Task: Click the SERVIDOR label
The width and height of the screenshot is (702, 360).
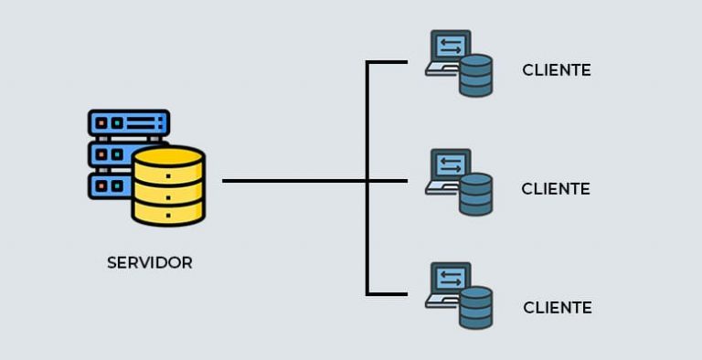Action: [x=150, y=262]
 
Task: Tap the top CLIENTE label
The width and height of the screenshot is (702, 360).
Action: [x=557, y=70]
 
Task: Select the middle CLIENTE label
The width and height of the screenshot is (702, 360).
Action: [x=556, y=189]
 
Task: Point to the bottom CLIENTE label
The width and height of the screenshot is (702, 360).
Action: [x=558, y=308]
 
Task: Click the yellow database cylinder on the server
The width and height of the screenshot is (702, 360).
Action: [x=168, y=188]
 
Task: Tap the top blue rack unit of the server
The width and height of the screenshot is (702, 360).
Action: [x=129, y=122]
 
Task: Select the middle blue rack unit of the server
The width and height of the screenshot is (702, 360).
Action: [x=110, y=154]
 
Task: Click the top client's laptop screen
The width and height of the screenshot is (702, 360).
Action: [x=452, y=46]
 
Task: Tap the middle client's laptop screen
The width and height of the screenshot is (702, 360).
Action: [x=452, y=164]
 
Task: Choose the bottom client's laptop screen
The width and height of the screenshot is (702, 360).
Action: [x=452, y=278]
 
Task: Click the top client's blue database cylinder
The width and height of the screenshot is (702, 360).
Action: [x=476, y=76]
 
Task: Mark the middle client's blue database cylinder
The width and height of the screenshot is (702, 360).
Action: [x=476, y=195]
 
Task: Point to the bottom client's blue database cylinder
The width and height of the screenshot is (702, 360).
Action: [x=476, y=308]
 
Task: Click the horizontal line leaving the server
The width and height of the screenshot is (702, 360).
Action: [x=292, y=181]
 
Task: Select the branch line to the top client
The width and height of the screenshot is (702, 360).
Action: [x=387, y=63]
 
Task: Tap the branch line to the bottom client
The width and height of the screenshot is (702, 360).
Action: [x=387, y=294]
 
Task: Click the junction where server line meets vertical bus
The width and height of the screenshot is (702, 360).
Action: [x=367, y=181]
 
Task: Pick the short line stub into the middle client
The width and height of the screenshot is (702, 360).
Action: [x=388, y=181]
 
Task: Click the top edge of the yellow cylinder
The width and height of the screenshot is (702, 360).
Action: [x=168, y=151]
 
